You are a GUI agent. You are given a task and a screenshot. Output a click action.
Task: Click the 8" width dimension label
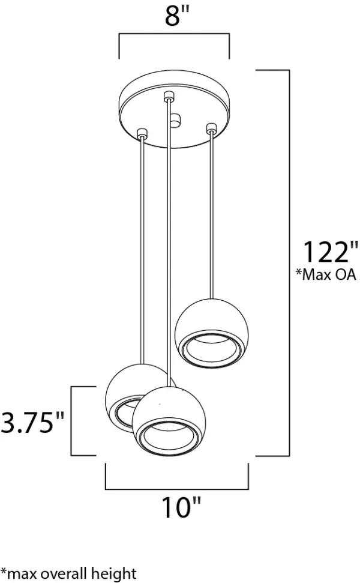point(174,17)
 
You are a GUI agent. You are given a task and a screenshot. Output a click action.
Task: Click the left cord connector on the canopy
point(142,133)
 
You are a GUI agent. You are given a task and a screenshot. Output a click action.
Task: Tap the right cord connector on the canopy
point(211,128)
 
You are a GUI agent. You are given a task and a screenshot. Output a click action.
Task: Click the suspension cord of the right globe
point(211,216)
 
